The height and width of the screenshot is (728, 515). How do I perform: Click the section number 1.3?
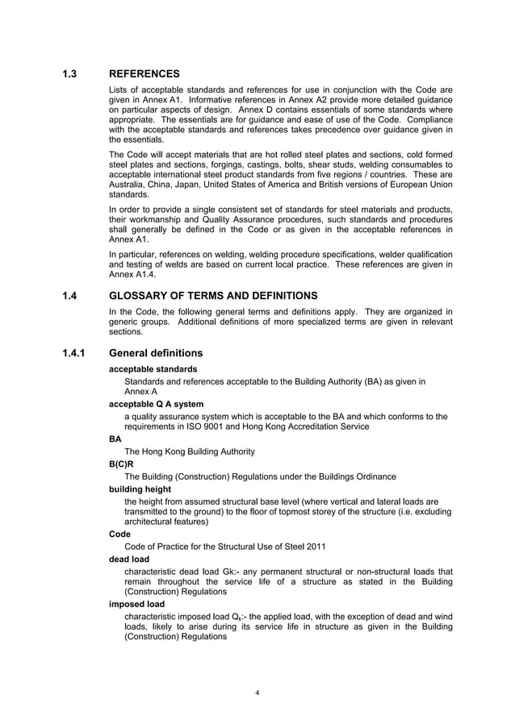(x=69, y=73)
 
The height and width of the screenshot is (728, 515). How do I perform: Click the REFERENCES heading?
(x=144, y=73)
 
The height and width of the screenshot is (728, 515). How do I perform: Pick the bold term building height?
(x=140, y=488)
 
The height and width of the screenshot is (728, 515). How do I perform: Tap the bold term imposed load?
(x=136, y=603)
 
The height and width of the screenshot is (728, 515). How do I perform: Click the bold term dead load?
(x=130, y=557)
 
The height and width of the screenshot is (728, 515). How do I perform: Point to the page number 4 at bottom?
(x=257, y=692)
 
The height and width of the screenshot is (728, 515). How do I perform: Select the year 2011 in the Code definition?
(x=316, y=546)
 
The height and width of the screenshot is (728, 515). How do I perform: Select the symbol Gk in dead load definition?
(x=218, y=571)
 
